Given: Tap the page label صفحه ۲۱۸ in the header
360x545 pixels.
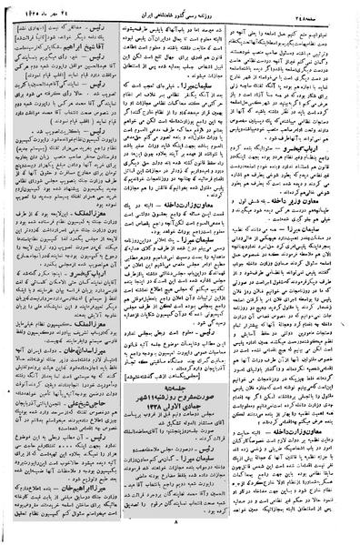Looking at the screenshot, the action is [323, 11].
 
